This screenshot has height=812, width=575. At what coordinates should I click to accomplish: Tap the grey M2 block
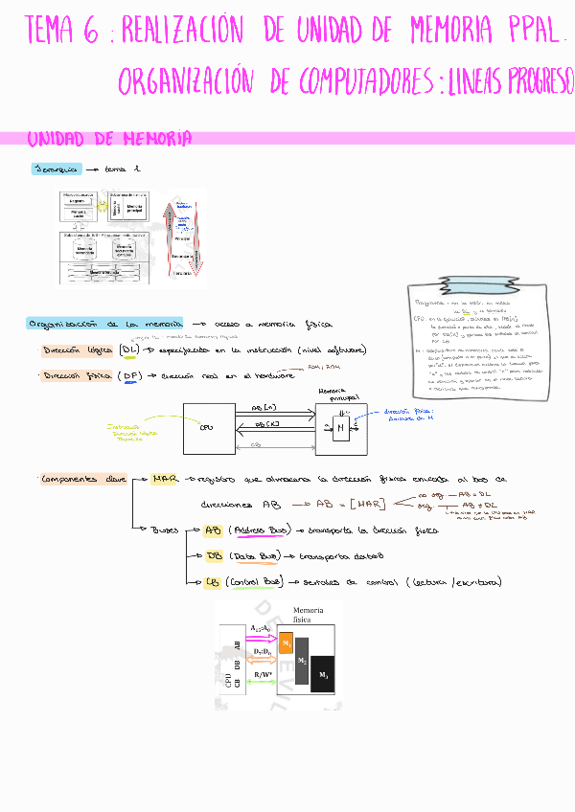click(303, 661)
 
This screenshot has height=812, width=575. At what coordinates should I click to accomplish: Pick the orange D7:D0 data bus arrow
click(260, 659)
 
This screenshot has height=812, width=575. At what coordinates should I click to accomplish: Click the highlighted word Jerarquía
click(55, 169)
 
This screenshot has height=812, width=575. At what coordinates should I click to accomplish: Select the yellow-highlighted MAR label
click(165, 478)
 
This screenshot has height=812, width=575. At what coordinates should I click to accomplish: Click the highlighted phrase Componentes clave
click(83, 478)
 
